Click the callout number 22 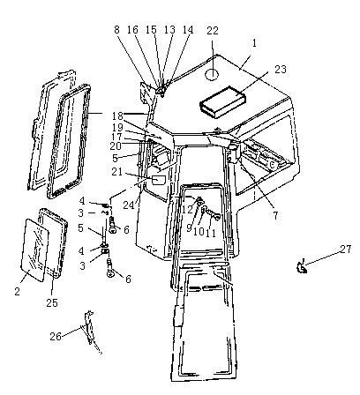[x=213, y=30]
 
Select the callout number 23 [x=281, y=70]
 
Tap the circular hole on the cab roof [x=212, y=74]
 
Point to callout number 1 [x=254, y=43]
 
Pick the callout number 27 [x=346, y=250]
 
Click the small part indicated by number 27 [x=301, y=267]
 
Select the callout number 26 [x=56, y=336]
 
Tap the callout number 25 [x=52, y=302]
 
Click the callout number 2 [x=18, y=291]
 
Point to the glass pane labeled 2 [x=34, y=250]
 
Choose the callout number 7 [x=275, y=216]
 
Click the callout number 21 [x=116, y=171]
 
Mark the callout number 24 [x=129, y=205]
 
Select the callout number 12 [x=187, y=209]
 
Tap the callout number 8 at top [x=117, y=30]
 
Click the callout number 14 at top [x=188, y=30]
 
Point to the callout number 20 [x=116, y=146]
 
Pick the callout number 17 [x=116, y=137]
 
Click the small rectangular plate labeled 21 [x=159, y=180]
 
